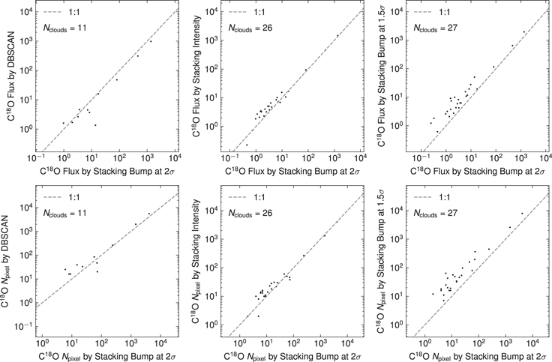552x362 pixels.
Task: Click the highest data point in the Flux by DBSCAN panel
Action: point(151,41)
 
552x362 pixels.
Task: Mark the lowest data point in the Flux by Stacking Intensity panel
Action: point(247,145)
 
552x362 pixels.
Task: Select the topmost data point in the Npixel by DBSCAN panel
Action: point(149,214)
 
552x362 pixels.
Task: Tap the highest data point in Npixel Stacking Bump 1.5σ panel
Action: point(523,214)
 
